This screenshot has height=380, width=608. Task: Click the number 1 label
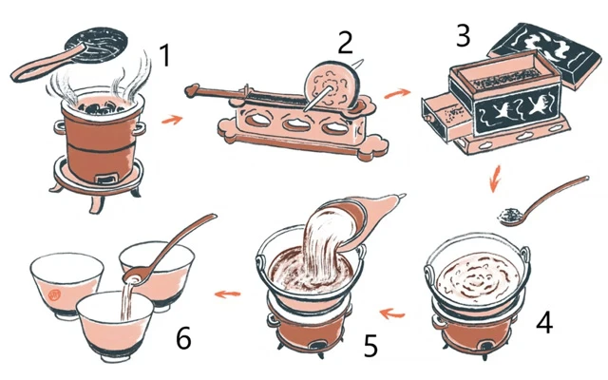pyautogui.click(x=165, y=55)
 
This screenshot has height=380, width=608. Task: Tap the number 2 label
pyautogui.click(x=345, y=42)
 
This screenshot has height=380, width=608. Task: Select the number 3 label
pyautogui.click(x=464, y=36)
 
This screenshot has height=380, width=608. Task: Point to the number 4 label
pyautogui.click(x=544, y=323)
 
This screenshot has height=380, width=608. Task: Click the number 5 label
pyautogui.click(x=370, y=346)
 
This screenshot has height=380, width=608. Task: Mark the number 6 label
pyautogui.click(x=183, y=338)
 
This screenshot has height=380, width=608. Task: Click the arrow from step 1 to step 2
pyautogui.click(x=172, y=120)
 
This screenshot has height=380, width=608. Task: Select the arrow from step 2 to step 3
pyautogui.click(x=397, y=93)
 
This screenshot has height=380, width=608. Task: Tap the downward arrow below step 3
pyautogui.click(x=495, y=179)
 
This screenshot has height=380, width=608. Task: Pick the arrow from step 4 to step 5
pyautogui.click(x=392, y=313)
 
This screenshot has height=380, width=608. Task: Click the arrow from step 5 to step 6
pyautogui.click(x=228, y=294)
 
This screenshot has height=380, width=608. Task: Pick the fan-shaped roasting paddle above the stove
pyautogui.click(x=97, y=46)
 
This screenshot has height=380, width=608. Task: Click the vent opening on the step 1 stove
pyautogui.click(x=106, y=180)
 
